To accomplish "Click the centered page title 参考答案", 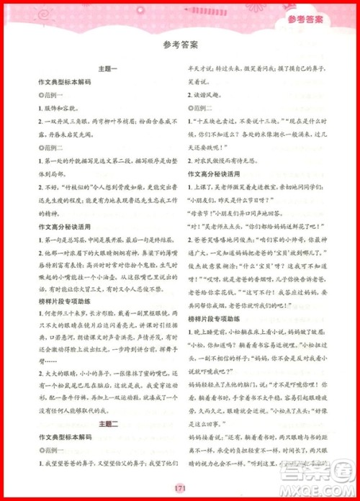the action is [180, 45].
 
